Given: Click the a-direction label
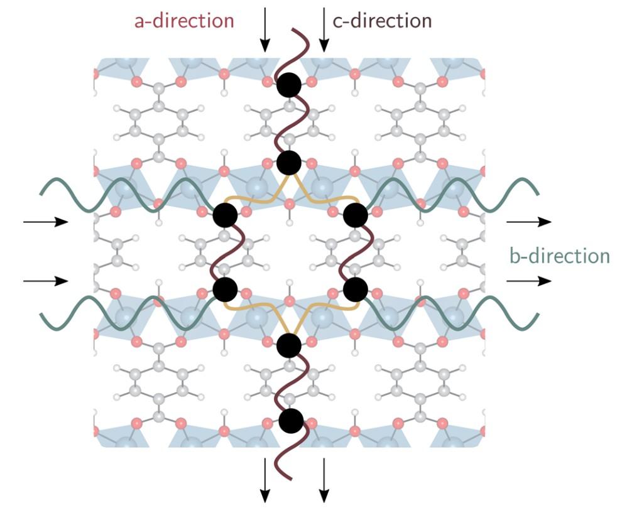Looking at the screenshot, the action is tap(184, 21).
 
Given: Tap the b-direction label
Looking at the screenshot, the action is tap(559, 256).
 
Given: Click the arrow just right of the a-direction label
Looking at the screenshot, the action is tap(265, 29).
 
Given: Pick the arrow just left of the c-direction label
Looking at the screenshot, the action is tap(324, 29).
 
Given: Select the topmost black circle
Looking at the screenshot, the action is tap(289, 85).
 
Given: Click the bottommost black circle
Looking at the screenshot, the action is tap(291, 421).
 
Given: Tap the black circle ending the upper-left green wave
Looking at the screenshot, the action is tap(225, 215).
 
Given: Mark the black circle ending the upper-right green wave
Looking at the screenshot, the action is tap(355, 215).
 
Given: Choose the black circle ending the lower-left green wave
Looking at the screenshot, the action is tap(225, 289).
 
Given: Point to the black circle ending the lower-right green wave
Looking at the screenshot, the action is tap(355, 289).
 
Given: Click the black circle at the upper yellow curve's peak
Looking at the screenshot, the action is tap(289, 163).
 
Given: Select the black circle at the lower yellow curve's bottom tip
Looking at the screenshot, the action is tap(289, 345).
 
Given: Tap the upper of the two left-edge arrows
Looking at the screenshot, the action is tap(45, 222).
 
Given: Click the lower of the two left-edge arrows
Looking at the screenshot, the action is tap(45, 281).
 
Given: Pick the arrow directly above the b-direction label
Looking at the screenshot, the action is tap(529, 222).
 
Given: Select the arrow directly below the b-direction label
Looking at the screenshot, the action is tap(529, 281).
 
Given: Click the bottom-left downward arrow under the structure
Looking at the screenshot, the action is tap(265, 480).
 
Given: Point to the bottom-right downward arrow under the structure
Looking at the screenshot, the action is tap(324, 480).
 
